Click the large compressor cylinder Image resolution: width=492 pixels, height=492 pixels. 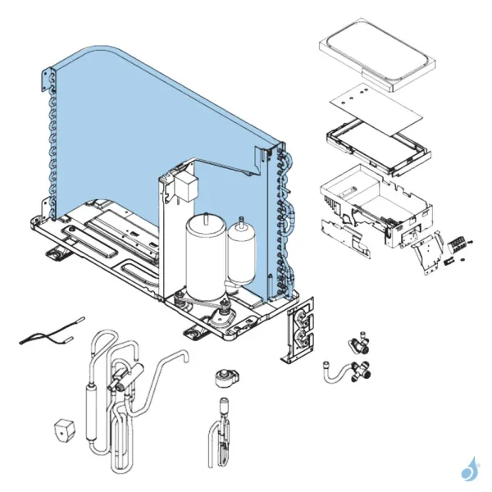coord(202,254)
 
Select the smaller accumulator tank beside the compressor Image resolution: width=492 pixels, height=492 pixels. coord(242,250)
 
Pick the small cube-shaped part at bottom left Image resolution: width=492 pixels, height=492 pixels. coord(64,429)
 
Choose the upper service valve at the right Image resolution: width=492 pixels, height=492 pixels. coord(358,338)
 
